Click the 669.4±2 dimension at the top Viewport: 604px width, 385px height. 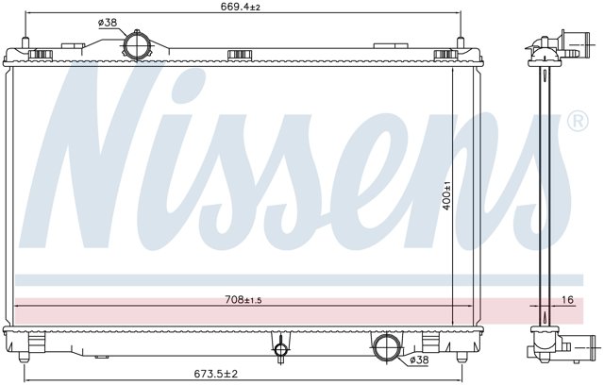[241, 7]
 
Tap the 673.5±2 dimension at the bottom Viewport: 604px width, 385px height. [216, 374]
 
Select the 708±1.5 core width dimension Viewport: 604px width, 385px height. [243, 299]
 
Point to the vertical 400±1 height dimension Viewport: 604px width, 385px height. [446, 195]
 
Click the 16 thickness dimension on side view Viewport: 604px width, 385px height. [567, 299]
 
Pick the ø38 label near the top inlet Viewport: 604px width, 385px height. [108, 23]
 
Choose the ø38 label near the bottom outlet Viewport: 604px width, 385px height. [419, 360]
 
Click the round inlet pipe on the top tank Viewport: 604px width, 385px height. [136, 45]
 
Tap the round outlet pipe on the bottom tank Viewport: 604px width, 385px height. [386, 346]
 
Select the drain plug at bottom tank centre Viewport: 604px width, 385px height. [280, 348]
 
